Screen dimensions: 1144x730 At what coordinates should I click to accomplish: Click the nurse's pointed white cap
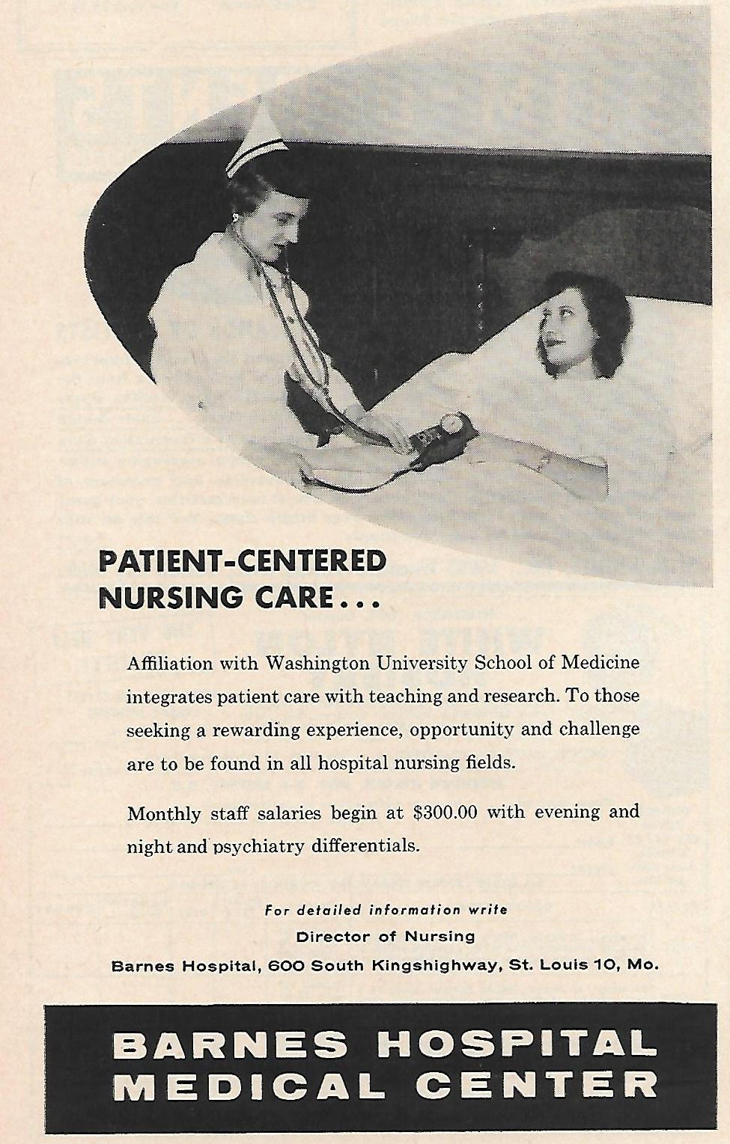(255, 139)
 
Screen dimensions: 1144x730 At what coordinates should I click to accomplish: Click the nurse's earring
(235, 217)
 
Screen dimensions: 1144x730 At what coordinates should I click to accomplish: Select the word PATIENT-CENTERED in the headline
(243, 561)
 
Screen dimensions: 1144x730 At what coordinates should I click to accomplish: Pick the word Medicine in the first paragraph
(597, 663)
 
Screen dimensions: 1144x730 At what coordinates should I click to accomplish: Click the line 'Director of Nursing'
(386, 936)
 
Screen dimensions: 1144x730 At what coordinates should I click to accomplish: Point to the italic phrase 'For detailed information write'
(386, 911)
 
